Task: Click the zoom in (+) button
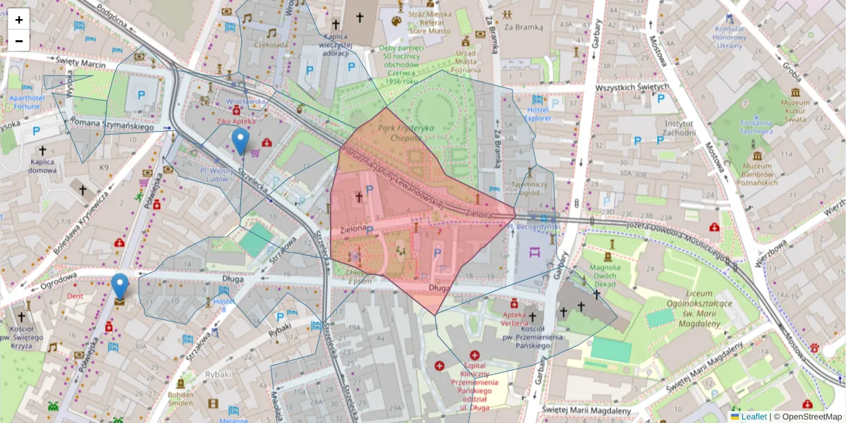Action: (19, 20)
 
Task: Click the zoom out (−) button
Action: (19, 41)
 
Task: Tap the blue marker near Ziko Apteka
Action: (240, 141)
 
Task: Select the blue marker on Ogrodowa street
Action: (120, 286)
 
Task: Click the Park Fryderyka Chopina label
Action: (406, 133)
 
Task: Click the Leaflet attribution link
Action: (754, 417)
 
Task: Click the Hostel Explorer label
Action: (538, 114)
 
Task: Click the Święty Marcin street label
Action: (82, 64)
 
